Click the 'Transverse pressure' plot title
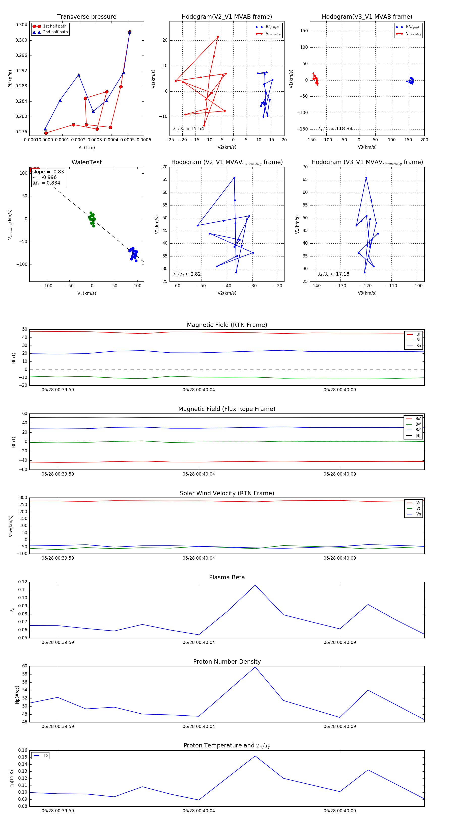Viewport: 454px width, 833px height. (x=87, y=17)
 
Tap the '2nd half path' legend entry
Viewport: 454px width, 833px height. (x=55, y=32)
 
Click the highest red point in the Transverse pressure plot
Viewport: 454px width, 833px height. (x=130, y=32)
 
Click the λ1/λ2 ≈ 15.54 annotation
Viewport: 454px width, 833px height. (x=188, y=129)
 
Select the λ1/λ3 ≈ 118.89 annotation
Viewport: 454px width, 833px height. (x=335, y=129)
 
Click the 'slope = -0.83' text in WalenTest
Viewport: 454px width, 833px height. (x=48, y=172)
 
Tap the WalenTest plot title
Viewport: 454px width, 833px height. (x=87, y=162)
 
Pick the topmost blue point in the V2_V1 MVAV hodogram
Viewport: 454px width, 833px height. (x=234, y=177)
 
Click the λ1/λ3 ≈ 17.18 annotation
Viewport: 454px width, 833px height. (x=333, y=274)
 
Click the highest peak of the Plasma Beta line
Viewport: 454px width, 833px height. (x=255, y=585)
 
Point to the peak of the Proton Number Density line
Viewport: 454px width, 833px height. (x=255, y=667)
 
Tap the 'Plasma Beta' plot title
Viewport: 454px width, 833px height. (x=227, y=577)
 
